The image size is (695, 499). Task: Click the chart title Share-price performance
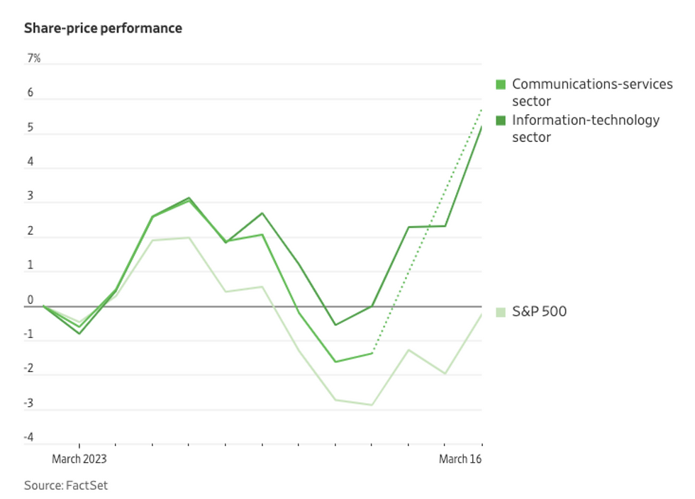coord(103,28)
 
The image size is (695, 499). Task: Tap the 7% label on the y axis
coord(33,59)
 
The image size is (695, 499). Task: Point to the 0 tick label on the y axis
coord(30,301)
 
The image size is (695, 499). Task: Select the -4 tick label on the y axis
coord(29,437)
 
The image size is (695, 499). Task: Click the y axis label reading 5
coord(30,128)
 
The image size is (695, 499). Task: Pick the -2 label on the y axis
coord(29,369)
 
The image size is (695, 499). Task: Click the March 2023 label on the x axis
coord(79,459)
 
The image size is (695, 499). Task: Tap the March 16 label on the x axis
coord(460,459)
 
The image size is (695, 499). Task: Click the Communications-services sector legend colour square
coord(501,84)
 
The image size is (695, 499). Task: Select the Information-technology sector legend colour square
coord(501,120)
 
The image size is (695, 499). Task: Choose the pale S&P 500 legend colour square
coord(501,311)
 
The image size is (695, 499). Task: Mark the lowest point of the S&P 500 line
coord(372,405)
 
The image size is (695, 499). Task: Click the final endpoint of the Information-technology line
coord(482,128)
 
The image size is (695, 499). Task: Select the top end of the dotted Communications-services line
coord(482,110)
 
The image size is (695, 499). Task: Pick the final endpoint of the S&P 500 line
coord(482,315)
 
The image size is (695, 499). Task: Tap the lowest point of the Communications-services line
coord(335,361)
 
